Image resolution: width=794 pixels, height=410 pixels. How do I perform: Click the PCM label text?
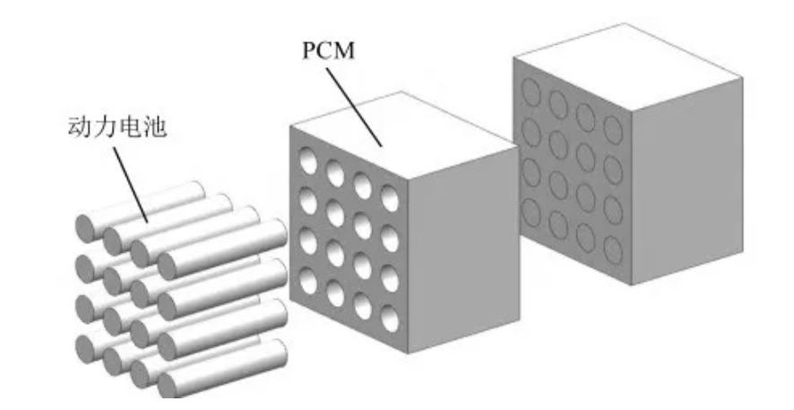coord(327,50)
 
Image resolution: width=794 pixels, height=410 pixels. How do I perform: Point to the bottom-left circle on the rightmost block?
coord(531,212)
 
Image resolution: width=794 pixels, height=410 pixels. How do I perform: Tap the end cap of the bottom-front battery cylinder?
coord(167,383)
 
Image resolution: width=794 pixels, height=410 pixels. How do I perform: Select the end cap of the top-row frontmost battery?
coord(168,264)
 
